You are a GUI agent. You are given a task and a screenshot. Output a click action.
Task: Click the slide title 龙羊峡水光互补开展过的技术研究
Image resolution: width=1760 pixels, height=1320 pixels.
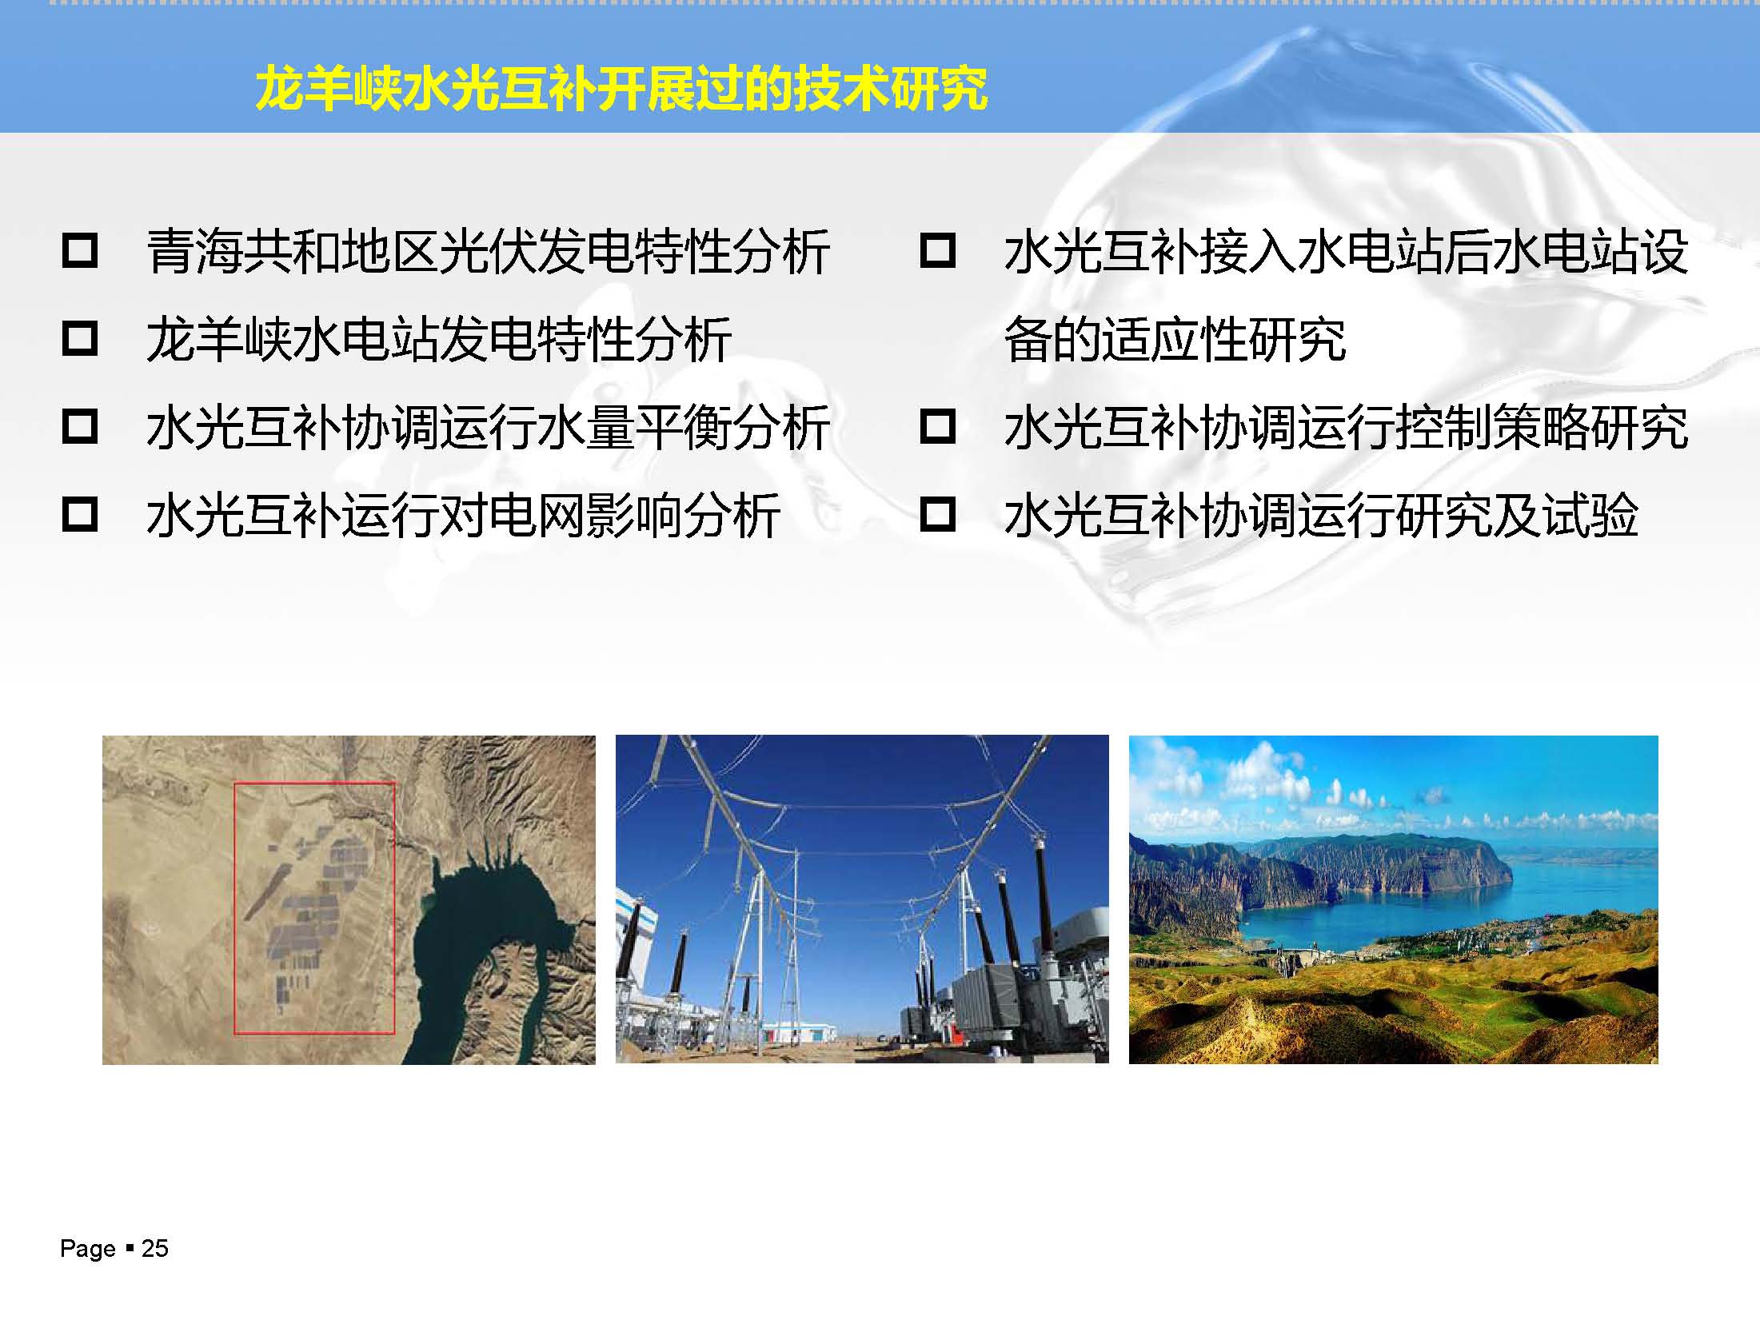coord(621,89)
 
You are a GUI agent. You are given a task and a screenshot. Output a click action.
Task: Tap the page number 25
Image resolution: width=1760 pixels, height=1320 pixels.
coord(155,1248)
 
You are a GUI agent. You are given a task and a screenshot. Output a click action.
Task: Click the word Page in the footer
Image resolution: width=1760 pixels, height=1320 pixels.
coord(88,1249)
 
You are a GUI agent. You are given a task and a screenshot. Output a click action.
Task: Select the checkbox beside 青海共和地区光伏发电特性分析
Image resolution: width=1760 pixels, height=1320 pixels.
coord(80,250)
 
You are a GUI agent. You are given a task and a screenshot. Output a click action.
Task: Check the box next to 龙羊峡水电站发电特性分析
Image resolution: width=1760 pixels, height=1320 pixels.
coord(80,338)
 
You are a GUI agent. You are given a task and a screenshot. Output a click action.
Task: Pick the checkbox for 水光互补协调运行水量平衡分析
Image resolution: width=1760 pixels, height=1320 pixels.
coord(80,426)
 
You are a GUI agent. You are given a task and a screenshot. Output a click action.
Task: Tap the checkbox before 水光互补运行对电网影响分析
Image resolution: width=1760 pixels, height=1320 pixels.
coord(80,514)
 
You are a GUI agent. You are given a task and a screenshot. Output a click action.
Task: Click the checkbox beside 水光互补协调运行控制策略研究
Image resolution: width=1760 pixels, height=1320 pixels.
coord(938,426)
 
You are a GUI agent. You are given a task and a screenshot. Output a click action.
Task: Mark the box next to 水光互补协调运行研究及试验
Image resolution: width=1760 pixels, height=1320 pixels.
coord(938,514)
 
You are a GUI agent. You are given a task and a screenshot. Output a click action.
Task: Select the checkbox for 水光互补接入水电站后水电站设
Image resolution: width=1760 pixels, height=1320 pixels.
coord(938,250)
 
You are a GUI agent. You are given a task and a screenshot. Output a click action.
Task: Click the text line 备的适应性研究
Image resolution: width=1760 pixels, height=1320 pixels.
coord(1175,339)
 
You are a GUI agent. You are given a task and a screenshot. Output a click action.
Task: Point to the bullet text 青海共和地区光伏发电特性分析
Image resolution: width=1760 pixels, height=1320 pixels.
coord(488,251)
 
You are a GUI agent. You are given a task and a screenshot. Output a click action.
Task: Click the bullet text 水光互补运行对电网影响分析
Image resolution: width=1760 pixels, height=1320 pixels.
coord(464,515)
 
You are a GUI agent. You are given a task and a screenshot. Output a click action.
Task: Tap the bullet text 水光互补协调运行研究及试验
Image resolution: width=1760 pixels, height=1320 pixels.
coord(1321,515)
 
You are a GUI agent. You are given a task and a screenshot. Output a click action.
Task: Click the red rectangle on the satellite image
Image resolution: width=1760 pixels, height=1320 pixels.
coord(234,908)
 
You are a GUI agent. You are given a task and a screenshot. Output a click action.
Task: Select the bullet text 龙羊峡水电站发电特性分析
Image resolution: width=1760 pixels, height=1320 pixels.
coord(439,339)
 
